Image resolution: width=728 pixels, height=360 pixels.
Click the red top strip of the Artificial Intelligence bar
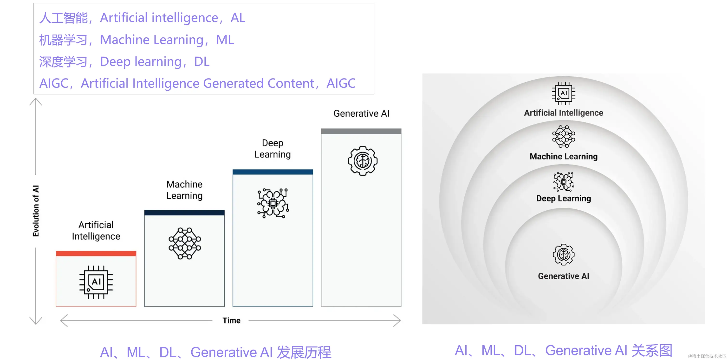coord(96,253)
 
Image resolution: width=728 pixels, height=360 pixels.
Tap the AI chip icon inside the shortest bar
coord(96,282)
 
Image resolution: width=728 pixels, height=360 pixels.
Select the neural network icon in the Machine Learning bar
coord(185,243)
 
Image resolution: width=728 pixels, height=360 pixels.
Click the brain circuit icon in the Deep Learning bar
coord(273,203)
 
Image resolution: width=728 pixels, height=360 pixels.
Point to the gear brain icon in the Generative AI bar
coord(363,161)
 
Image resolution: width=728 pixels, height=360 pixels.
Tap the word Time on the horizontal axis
coord(231,320)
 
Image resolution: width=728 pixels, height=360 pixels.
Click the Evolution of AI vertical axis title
coord(36,211)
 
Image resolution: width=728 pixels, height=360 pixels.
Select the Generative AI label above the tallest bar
coord(361,113)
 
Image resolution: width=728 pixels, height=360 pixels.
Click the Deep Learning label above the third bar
coord(273,149)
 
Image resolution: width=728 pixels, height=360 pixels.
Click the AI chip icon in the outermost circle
coord(564,93)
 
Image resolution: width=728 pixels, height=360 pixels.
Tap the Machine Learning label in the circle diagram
coord(564,156)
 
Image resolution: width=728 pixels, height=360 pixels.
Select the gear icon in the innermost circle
coord(564,254)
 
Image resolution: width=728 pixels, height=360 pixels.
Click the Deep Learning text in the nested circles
coord(564,199)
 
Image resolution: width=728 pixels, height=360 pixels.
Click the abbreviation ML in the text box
coord(225,40)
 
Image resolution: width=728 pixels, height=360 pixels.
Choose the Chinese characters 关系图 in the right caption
coord(652,350)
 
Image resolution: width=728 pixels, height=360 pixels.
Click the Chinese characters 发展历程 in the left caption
coord(304,352)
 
